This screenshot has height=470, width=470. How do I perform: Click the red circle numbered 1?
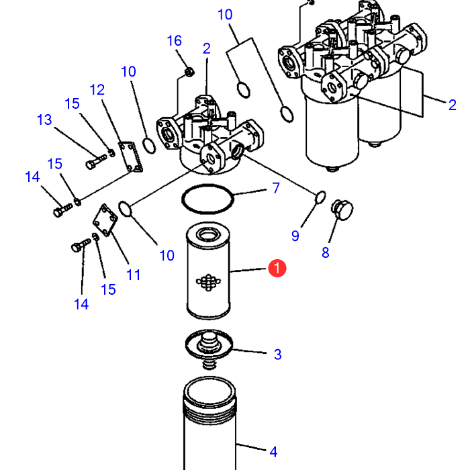(277, 269)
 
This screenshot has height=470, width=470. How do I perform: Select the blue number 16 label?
(174, 41)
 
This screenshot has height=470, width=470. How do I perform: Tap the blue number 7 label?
(276, 188)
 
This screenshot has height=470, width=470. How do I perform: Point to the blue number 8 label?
(326, 252)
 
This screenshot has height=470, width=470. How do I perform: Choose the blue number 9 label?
(295, 236)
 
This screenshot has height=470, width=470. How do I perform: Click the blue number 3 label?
(277, 355)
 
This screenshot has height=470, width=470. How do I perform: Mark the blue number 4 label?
(273, 452)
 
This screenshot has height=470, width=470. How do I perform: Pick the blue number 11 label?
(134, 275)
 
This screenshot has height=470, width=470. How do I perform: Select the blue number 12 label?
(97, 90)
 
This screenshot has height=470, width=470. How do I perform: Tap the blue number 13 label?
(44, 120)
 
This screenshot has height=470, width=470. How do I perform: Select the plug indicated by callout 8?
(342, 209)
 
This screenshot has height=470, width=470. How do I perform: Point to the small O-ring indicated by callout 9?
(321, 197)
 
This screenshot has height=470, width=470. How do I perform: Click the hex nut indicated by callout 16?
(189, 72)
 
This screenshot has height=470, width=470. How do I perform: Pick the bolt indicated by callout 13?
(96, 161)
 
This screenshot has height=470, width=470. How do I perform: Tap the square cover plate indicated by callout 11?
(105, 220)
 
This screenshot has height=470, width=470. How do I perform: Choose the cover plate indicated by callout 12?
(131, 156)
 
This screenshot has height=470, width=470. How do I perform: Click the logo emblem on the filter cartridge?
(208, 282)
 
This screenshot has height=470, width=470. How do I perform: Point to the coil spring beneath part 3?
(209, 364)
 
